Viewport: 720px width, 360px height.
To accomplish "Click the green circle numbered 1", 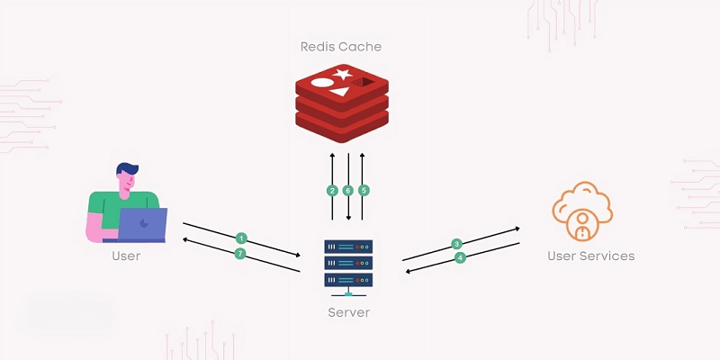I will [241, 238].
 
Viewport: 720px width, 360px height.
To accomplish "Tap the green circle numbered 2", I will [333, 191].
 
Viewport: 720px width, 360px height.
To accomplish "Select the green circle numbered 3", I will [457, 244].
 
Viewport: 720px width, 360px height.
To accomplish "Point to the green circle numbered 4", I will [460, 257].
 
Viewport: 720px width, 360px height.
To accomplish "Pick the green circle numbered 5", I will [364, 191].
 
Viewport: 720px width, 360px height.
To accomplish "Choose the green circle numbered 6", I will [348, 191].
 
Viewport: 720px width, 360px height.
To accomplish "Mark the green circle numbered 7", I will [239, 254].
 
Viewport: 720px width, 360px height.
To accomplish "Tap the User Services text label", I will [590, 256].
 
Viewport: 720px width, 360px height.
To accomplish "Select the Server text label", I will [348, 312].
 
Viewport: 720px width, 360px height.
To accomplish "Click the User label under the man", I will [126, 256].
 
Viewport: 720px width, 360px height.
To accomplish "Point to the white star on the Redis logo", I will [341, 75].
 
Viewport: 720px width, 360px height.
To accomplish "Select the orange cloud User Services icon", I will [582, 210].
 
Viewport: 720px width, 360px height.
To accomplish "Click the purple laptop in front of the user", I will [143, 225].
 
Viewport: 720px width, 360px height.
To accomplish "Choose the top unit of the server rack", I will [347, 246].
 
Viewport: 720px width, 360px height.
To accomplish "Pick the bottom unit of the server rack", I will [347, 280].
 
